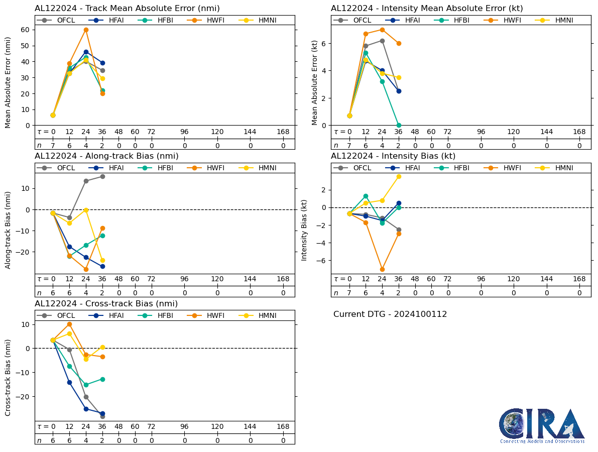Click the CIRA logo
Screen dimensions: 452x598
(542, 425)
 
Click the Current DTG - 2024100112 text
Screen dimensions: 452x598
(390, 314)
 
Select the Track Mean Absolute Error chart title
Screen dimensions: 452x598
(127, 9)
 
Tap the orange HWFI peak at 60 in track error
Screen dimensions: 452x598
(86, 30)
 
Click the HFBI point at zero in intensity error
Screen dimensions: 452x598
(399, 125)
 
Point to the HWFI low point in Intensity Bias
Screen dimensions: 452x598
(382, 269)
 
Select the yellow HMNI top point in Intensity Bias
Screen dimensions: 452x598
(399, 176)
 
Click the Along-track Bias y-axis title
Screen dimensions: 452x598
(8, 223)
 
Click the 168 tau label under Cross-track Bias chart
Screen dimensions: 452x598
(283, 427)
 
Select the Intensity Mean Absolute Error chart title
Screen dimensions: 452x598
(427, 9)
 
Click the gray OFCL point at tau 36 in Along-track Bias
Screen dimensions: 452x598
(102, 176)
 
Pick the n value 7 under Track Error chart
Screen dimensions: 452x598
(53, 146)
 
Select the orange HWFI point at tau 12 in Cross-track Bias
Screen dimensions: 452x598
(69, 324)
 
